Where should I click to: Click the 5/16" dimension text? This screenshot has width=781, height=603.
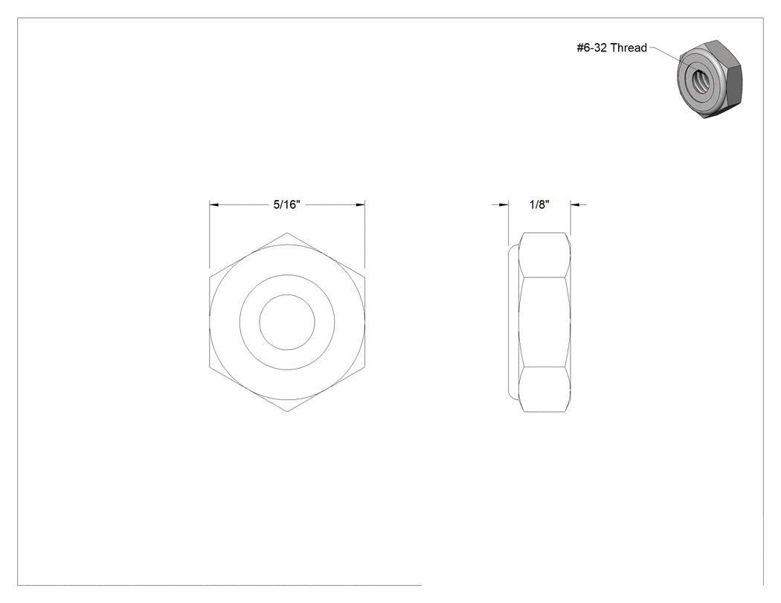click(286, 204)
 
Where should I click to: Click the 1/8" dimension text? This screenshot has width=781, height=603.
click(539, 204)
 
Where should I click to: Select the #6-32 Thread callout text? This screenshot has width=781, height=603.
click(611, 48)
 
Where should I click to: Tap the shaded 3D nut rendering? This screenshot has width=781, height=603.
click(710, 79)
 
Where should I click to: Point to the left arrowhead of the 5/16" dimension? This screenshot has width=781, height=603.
click(214, 204)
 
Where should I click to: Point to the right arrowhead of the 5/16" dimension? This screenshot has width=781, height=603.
click(360, 204)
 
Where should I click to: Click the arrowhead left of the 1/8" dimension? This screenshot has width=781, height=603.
click(504, 204)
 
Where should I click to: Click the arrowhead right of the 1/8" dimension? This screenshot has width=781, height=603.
click(575, 204)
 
